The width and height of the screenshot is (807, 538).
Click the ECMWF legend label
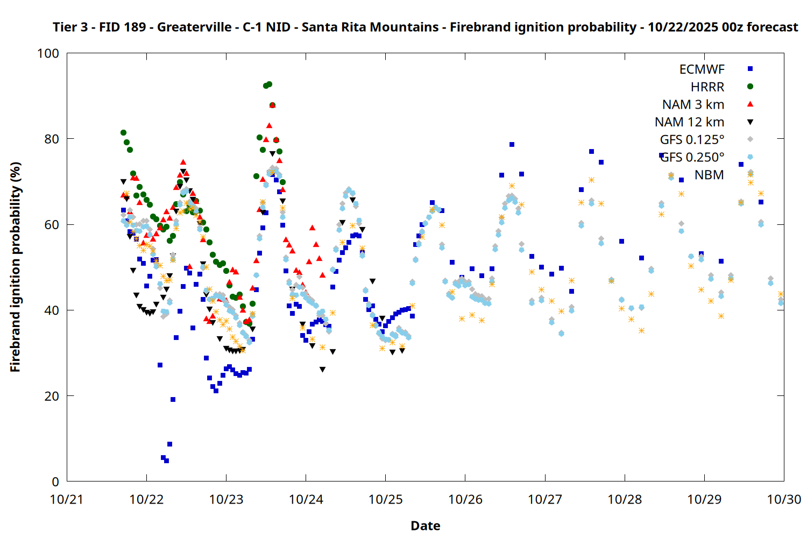click(x=702, y=69)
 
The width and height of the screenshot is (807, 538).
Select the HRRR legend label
click(x=707, y=87)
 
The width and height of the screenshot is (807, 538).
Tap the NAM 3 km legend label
click(x=693, y=105)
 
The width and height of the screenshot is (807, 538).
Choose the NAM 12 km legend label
click(x=689, y=123)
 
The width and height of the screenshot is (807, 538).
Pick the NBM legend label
click(x=709, y=175)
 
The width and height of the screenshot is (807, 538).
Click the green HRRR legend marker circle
click(x=751, y=87)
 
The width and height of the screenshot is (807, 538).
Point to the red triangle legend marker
click(x=751, y=104)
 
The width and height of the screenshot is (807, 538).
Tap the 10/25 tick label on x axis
click(x=385, y=499)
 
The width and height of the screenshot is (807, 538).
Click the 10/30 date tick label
click(x=784, y=499)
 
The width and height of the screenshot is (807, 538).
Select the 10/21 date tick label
click(x=67, y=499)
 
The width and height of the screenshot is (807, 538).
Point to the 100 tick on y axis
click(x=48, y=54)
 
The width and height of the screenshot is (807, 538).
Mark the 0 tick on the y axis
click(x=55, y=482)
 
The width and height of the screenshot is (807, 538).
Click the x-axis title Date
click(x=425, y=526)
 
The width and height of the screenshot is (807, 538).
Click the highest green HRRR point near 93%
click(x=269, y=84)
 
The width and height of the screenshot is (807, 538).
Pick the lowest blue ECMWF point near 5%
click(x=166, y=461)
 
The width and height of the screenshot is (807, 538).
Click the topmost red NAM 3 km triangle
click(x=272, y=105)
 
